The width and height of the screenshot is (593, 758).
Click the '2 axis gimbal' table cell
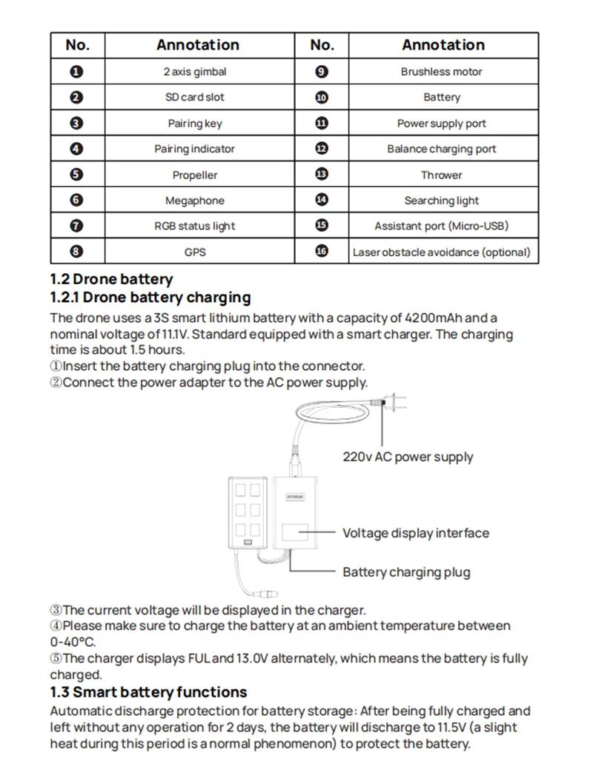click(195, 72)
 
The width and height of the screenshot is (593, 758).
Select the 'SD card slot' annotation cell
click(195, 97)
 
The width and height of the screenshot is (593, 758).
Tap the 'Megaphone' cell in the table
click(195, 201)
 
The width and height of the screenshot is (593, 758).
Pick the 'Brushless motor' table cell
click(441, 72)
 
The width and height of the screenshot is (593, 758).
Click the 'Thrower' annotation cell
click(441, 175)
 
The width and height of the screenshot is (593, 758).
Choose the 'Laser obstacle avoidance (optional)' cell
click(441, 252)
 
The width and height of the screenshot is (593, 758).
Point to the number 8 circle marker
click(77, 252)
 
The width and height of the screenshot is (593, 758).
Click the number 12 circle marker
click(322, 149)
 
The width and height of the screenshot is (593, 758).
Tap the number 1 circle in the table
click(77, 72)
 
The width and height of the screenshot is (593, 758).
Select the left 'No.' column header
click(77, 45)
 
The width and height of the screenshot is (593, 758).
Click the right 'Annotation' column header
click(443, 45)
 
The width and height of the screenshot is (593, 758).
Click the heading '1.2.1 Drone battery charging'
click(150, 298)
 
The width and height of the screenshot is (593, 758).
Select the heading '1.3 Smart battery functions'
click(148, 692)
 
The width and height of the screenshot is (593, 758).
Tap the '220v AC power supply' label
click(407, 457)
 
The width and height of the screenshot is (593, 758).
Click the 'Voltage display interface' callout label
click(415, 533)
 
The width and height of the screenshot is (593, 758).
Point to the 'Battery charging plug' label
click(406, 572)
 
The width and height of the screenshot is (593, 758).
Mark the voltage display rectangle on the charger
click(294, 534)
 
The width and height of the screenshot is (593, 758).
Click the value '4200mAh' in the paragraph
click(434, 318)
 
